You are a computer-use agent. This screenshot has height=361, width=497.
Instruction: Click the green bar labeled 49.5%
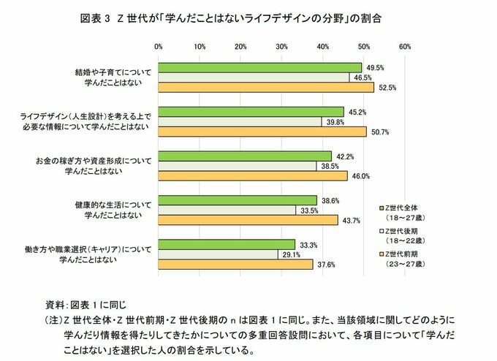[x=260, y=67]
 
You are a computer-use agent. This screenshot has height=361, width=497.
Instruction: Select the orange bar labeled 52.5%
[x=266, y=88]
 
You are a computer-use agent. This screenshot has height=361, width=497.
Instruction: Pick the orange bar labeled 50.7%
[x=262, y=132]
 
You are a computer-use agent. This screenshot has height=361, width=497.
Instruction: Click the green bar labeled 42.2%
[x=245, y=156]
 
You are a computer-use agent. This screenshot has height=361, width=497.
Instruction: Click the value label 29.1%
[x=289, y=254]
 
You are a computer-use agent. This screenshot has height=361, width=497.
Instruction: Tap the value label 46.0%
[x=360, y=176]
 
